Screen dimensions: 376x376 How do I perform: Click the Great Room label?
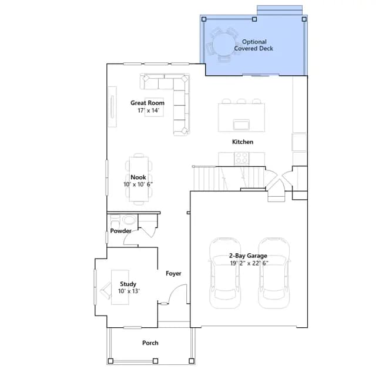click(x=147, y=103)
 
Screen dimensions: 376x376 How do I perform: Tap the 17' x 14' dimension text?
click(x=149, y=110)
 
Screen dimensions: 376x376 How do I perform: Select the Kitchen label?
click(x=243, y=142)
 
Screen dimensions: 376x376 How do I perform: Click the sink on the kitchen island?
click(x=241, y=125)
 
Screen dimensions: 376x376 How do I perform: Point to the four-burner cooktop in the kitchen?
click(x=241, y=158)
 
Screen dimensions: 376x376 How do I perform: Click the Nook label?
click(x=139, y=177)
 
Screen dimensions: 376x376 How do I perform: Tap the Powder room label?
click(x=121, y=231)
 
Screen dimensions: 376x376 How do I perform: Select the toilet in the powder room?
click(x=115, y=221)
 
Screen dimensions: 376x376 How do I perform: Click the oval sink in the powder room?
click(x=129, y=220)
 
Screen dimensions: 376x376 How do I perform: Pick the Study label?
click(x=128, y=284)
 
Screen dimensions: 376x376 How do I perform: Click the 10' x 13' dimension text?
click(x=129, y=291)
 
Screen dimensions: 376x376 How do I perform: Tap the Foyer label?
click(x=173, y=273)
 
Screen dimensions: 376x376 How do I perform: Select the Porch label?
click(x=150, y=343)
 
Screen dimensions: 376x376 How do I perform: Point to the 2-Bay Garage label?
click(x=248, y=256)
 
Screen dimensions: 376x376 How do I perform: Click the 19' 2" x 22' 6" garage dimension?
click(x=249, y=263)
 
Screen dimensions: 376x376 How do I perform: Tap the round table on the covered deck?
click(x=223, y=45)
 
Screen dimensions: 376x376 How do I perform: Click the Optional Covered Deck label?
click(x=254, y=45)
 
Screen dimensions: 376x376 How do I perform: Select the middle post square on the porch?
click(x=155, y=361)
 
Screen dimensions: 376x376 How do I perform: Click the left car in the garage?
click(x=225, y=273)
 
